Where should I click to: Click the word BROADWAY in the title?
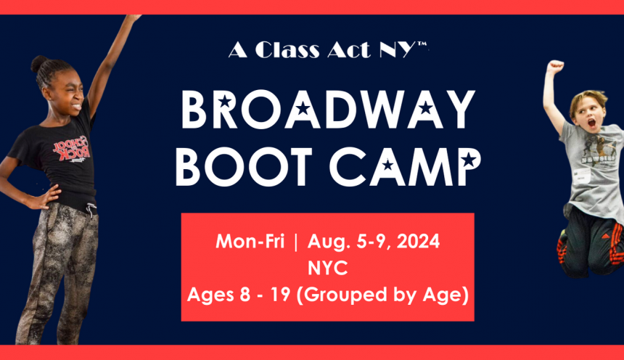point(328,109)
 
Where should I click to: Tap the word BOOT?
point(244,166)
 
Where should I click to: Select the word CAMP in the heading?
point(405,166)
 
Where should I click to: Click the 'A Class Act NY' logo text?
point(328,49)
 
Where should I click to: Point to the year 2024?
point(418,241)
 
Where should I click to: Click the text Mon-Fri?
point(250,241)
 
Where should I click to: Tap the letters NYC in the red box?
point(327,268)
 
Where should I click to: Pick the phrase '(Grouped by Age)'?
point(383,295)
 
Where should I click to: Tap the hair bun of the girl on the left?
point(38,63)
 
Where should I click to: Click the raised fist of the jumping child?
point(555,66)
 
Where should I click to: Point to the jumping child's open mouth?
point(592,123)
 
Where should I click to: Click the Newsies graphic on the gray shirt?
point(598,150)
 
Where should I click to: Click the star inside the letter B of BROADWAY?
point(225,101)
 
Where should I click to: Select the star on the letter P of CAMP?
point(468,160)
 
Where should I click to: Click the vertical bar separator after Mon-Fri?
point(295,242)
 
